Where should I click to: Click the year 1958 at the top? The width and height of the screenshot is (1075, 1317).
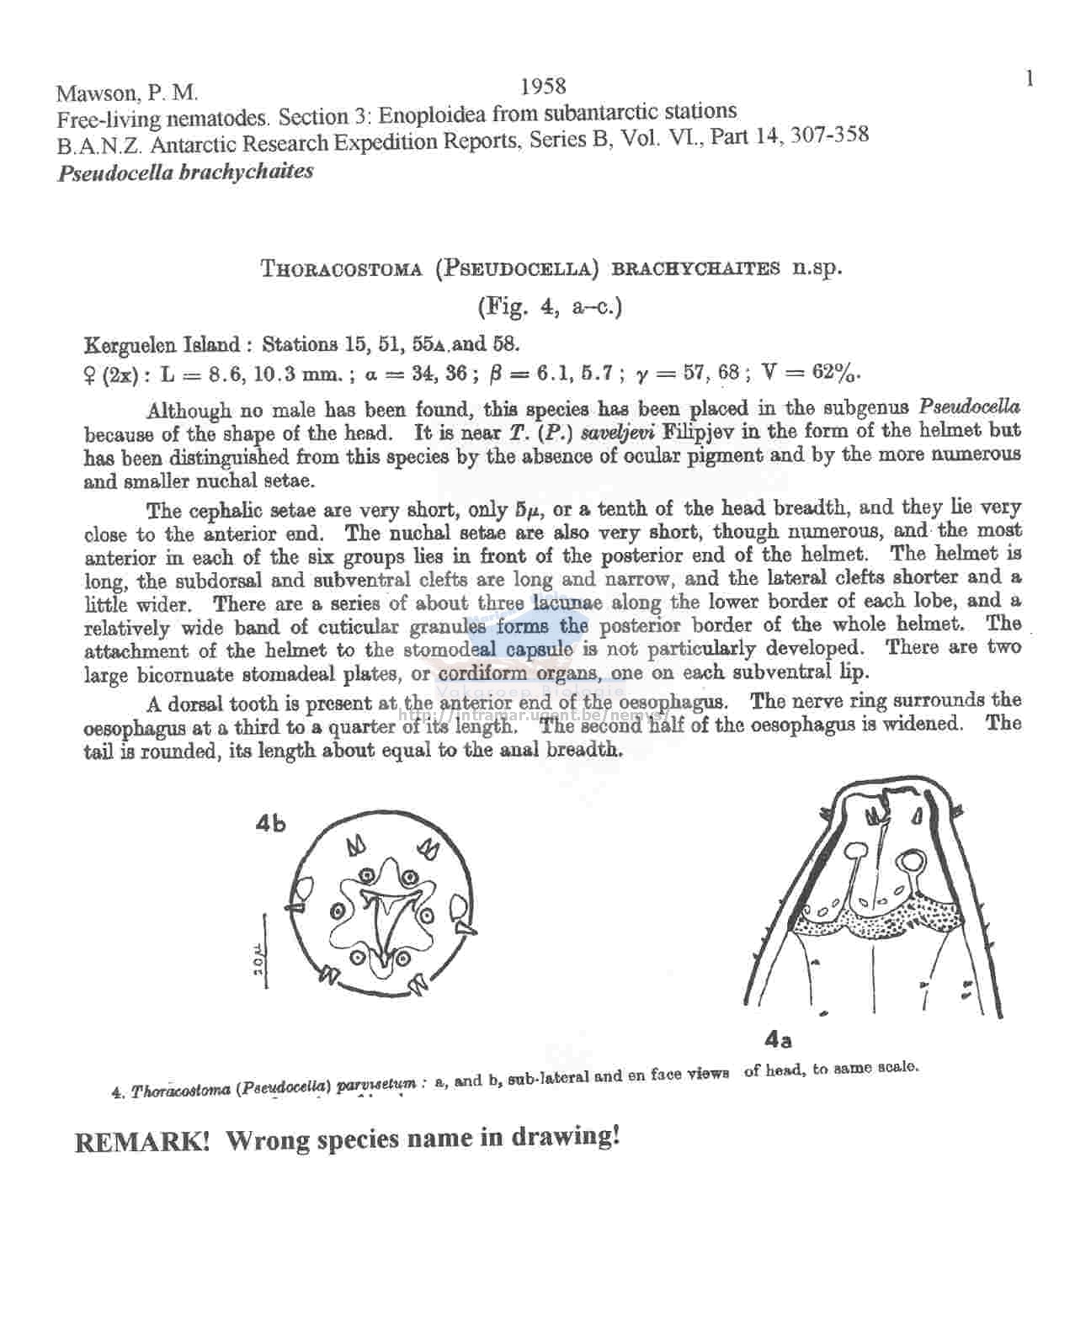(543, 86)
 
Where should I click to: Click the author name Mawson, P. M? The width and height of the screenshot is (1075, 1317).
(127, 93)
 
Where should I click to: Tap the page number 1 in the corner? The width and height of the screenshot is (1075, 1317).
(1029, 78)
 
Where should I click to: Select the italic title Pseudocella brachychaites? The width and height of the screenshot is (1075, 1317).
(185, 173)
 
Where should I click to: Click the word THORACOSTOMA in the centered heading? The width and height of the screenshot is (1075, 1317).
(341, 269)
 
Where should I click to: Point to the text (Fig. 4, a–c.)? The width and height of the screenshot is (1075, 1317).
(550, 307)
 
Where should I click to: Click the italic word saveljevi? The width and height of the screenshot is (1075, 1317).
(620, 433)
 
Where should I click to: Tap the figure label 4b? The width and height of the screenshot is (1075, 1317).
(270, 824)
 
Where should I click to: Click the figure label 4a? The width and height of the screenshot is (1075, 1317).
(778, 1040)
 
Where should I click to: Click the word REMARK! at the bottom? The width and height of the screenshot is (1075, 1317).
(142, 1142)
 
